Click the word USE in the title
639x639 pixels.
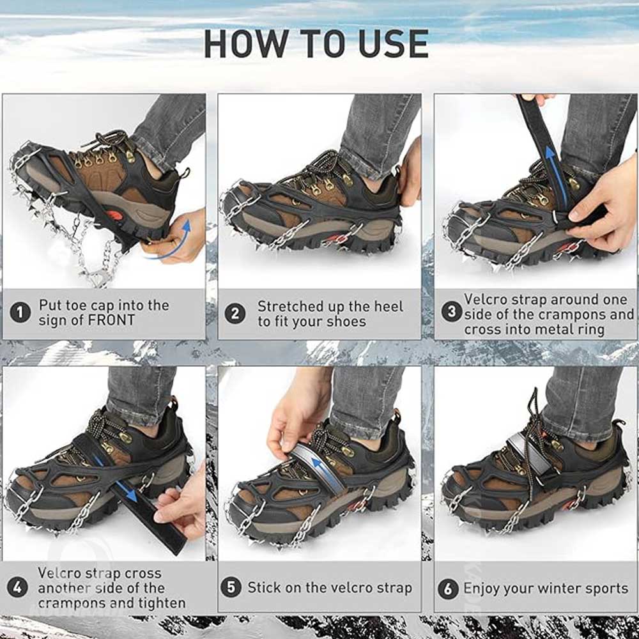tap(394, 43)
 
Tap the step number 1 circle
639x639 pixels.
tap(20, 312)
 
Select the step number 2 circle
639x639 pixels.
tap(235, 314)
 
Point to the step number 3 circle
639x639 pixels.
tap(452, 312)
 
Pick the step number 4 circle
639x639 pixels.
tap(17, 588)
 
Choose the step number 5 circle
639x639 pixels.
tap(231, 588)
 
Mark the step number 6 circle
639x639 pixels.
tap(448, 589)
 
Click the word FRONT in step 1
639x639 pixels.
tap(111, 320)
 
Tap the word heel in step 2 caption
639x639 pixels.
tap(386, 307)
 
